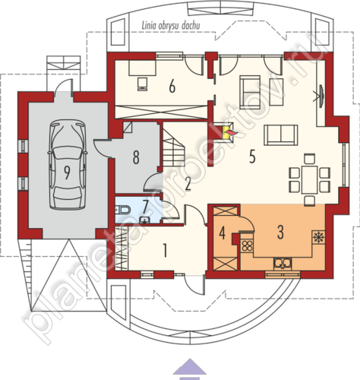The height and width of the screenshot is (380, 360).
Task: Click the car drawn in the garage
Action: (67, 165)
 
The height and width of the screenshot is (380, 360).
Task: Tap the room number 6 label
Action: (172, 87)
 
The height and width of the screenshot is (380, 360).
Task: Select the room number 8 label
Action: (136, 157)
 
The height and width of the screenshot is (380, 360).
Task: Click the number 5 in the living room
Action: (252, 157)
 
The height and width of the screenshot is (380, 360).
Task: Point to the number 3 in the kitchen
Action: (280, 232)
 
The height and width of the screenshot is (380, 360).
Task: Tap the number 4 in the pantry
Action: (222, 233)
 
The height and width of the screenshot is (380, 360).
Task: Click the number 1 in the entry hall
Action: (165, 250)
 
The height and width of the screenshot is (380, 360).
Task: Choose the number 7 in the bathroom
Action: (145, 207)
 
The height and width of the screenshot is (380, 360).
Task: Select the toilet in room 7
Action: (123, 210)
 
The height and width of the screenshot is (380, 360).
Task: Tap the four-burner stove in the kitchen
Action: (246, 245)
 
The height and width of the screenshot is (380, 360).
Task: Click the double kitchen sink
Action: (283, 263)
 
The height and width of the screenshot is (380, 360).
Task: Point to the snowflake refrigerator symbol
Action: (318, 237)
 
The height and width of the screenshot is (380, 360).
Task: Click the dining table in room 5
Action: (309, 179)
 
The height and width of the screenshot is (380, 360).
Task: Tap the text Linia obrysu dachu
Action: (171, 26)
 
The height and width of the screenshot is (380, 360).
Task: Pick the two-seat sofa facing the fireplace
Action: (281, 135)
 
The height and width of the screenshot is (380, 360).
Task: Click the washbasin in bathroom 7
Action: (145, 220)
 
